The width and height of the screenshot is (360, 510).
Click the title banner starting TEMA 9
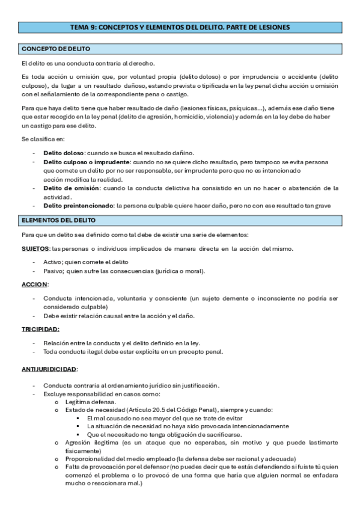point(180,27)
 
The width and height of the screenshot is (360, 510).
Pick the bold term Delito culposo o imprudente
point(87,162)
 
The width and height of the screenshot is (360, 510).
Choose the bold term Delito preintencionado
point(78,206)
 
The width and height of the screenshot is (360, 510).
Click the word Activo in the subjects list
point(52,262)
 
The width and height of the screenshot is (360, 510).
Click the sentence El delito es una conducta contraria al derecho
point(88,63)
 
